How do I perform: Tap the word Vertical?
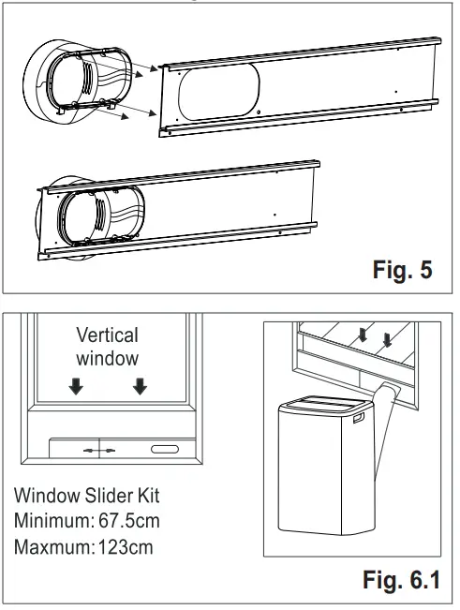coord(106,335)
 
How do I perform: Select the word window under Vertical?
coord(106,357)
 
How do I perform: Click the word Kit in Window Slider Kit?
coord(154,493)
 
